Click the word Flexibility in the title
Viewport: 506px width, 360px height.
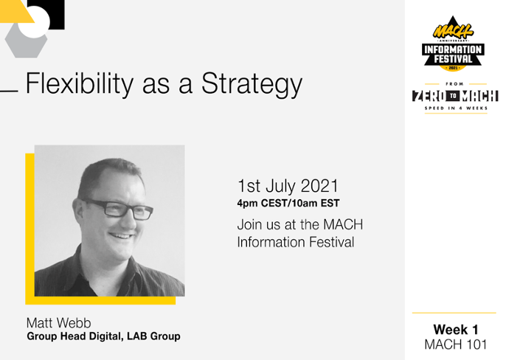[80, 83]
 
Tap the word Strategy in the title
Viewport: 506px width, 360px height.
[252, 83]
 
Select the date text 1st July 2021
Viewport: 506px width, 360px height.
[288, 186]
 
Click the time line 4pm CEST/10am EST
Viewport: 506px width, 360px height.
[288, 204]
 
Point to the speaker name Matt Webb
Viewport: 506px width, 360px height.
[59, 323]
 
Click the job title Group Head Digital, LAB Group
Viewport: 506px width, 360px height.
[103, 336]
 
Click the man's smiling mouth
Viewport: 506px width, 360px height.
[122, 235]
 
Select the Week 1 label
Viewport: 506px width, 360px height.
[456, 330]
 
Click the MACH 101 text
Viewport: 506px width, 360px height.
[456, 345]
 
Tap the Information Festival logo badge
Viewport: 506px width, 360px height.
[453, 44]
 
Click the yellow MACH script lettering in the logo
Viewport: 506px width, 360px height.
[452, 31]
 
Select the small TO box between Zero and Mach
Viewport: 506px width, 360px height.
[454, 96]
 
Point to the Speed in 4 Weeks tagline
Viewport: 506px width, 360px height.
[456, 108]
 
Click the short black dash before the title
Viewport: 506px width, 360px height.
[9, 91]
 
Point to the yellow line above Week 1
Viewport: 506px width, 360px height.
[454, 313]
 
